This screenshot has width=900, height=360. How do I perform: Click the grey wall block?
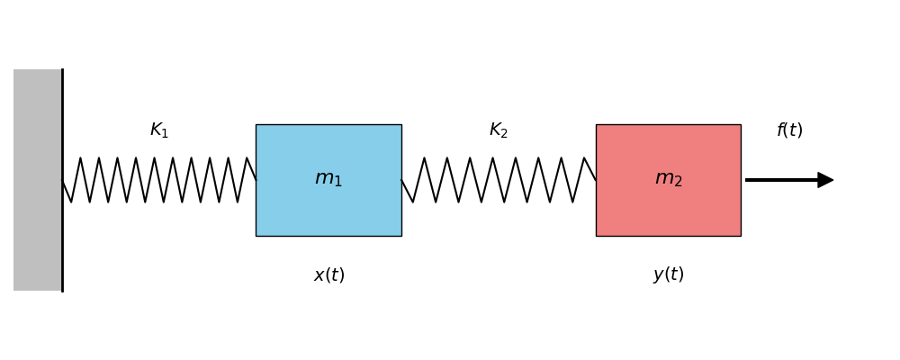pos(37,180)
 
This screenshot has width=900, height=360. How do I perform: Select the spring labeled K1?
pos(158,180)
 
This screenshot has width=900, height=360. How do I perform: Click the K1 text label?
pos(159,130)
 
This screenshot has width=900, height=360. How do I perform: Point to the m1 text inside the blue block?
pos(328,179)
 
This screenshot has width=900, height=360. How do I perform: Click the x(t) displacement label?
pos(328,275)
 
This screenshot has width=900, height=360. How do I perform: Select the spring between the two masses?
pos(499,180)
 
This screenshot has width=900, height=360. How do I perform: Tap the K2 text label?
pos(499,130)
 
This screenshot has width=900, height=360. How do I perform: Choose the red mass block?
pos(668,211)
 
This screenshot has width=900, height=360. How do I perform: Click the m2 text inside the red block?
pos(668,179)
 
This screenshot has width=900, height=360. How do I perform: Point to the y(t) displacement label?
pos(668,274)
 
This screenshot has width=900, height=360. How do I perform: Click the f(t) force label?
pos(789,130)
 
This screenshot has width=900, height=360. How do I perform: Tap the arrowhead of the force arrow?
pos(825,180)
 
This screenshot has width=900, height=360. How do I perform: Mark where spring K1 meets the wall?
pos(63,180)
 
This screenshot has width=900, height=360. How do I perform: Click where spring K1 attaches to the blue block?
pos(256,180)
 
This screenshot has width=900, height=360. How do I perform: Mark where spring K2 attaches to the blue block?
pos(402,180)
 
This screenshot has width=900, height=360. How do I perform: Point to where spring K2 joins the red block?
pos(595,180)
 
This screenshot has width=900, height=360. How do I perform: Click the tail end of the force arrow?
pos(747,180)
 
